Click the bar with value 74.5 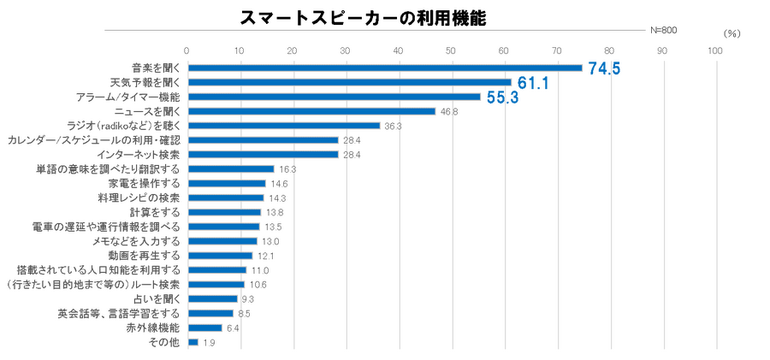pos(385,68)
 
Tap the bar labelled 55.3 pos(335,97)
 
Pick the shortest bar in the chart pos(193,342)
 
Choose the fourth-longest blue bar pos(311,111)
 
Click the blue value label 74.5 pos(605,68)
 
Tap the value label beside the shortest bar pos(208,342)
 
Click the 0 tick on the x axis pos(187,50)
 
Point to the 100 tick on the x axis pos(714,50)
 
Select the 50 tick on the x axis pos(451,50)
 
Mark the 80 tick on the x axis pos(609,50)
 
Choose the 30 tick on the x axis pos(346,50)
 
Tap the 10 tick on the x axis pos(240,50)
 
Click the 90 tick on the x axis pos(662,50)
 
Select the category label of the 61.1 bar pos(145,82)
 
